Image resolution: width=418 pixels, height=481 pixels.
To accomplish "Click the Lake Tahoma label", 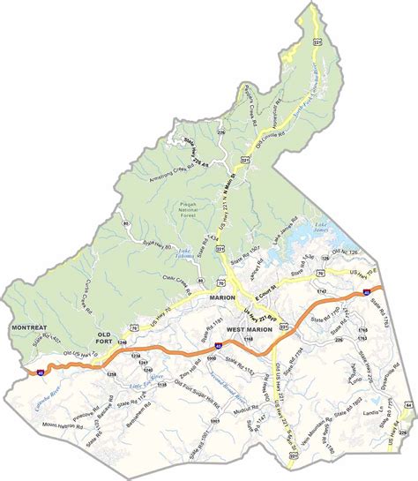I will [185, 252].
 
